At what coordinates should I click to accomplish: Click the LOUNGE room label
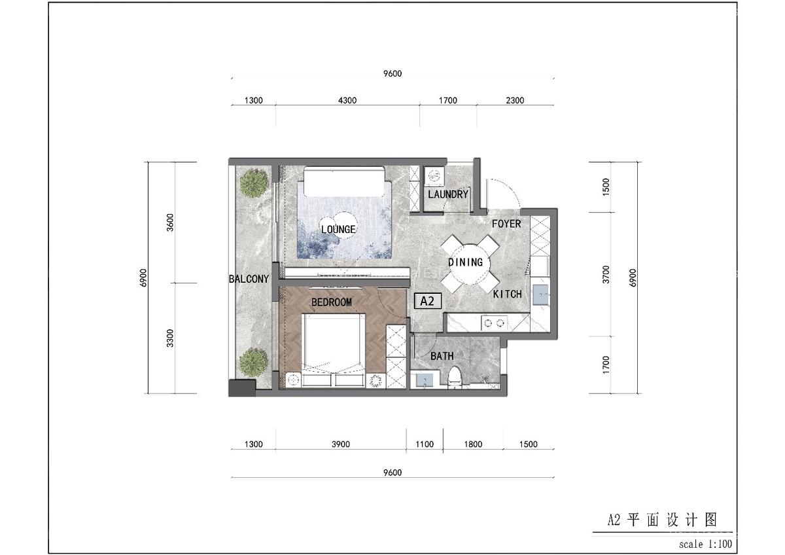(x=338, y=230)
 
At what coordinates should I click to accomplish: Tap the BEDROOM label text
(x=331, y=302)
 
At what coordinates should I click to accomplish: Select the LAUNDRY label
(x=447, y=194)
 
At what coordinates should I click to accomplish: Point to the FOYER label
(x=506, y=224)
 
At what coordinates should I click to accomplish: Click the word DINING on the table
(x=465, y=262)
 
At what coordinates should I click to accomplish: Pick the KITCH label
(x=507, y=295)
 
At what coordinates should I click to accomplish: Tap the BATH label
(x=442, y=356)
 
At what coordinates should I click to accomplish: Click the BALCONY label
(x=249, y=279)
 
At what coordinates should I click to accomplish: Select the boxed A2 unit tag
(x=428, y=301)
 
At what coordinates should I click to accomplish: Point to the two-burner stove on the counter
(x=494, y=322)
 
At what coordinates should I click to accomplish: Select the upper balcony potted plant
(x=253, y=183)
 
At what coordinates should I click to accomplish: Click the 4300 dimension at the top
(x=347, y=101)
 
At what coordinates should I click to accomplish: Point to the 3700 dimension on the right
(x=606, y=274)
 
